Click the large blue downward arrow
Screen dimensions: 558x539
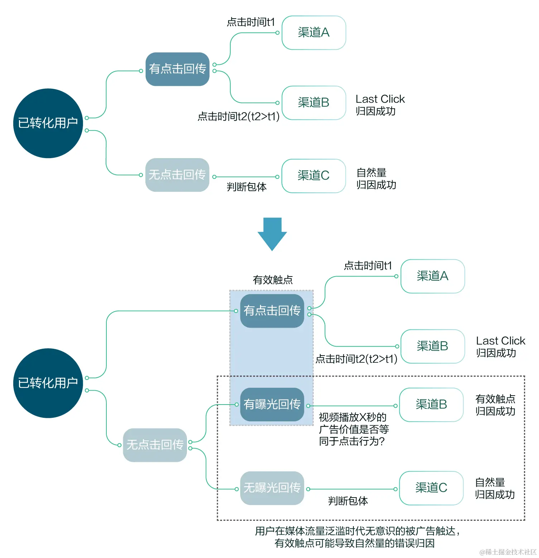coord(272,234)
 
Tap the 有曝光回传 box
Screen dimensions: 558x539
coord(272,405)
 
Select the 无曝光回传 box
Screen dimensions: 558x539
coord(272,488)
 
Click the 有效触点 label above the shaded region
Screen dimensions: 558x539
coord(273,280)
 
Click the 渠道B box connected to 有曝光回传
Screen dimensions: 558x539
coord(431,405)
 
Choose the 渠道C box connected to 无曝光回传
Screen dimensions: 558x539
coord(431,488)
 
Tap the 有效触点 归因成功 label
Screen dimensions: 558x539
coord(495,405)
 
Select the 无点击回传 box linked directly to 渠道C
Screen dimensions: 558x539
coord(177,175)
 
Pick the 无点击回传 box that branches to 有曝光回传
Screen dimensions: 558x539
coord(155,445)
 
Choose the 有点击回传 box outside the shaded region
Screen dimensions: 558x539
coord(177,69)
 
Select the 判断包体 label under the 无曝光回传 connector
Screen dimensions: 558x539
coord(348,501)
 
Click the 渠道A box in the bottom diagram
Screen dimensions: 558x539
coord(432,276)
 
